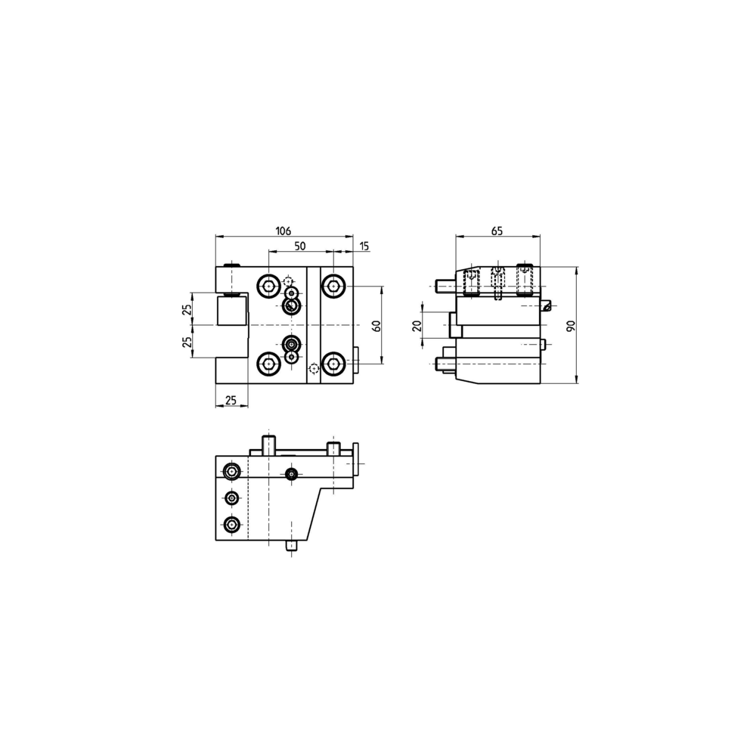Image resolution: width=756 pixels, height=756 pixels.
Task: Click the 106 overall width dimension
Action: tap(283, 231)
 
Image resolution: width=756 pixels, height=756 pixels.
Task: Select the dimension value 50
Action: tap(300, 246)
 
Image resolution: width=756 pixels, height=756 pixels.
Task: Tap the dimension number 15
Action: tap(364, 246)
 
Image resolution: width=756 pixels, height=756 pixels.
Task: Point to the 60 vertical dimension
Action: tap(377, 325)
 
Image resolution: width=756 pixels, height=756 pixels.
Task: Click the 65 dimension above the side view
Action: tap(497, 231)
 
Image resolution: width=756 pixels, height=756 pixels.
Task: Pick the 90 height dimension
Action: tap(572, 325)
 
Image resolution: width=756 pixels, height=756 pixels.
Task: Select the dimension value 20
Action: tap(417, 326)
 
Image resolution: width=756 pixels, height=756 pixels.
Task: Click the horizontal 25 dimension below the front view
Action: tap(231, 400)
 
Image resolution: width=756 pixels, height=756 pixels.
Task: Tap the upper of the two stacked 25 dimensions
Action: tap(187, 309)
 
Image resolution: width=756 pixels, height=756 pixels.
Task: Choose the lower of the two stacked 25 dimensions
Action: tap(187, 342)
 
